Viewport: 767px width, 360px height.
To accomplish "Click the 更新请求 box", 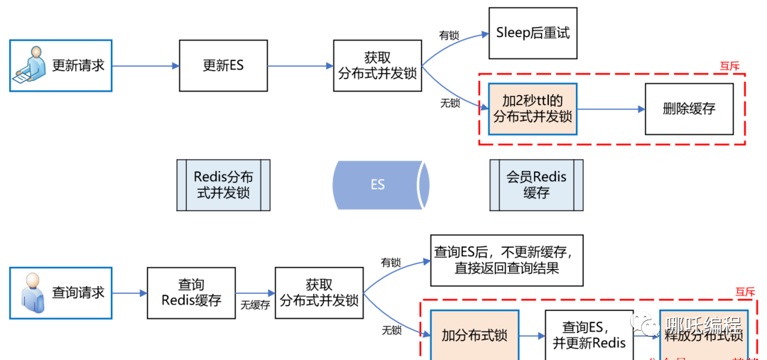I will tap(60, 65).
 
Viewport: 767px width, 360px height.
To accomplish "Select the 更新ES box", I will tap(223, 65).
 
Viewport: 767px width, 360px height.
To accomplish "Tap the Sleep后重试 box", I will tap(533, 33).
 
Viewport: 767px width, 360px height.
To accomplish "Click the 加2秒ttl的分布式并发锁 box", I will tap(533, 109).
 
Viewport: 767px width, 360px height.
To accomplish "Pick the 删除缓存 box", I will tap(688, 109).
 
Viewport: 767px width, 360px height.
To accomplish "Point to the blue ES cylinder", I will tap(380, 185).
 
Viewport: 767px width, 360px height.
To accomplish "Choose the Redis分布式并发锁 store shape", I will tap(223, 185).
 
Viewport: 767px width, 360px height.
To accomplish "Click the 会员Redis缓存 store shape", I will tap(536, 185).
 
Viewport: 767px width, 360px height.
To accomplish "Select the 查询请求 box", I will tap(60, 292).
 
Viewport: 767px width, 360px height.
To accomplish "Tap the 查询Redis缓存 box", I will tap(191, 292).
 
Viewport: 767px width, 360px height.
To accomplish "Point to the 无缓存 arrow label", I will tap(255, 305).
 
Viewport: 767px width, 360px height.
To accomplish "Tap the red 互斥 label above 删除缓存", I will tap(729, 66).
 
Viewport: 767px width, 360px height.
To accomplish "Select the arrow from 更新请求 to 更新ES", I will tap(146, 66).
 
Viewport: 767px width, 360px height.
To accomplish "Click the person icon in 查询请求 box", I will tap(33, 292).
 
